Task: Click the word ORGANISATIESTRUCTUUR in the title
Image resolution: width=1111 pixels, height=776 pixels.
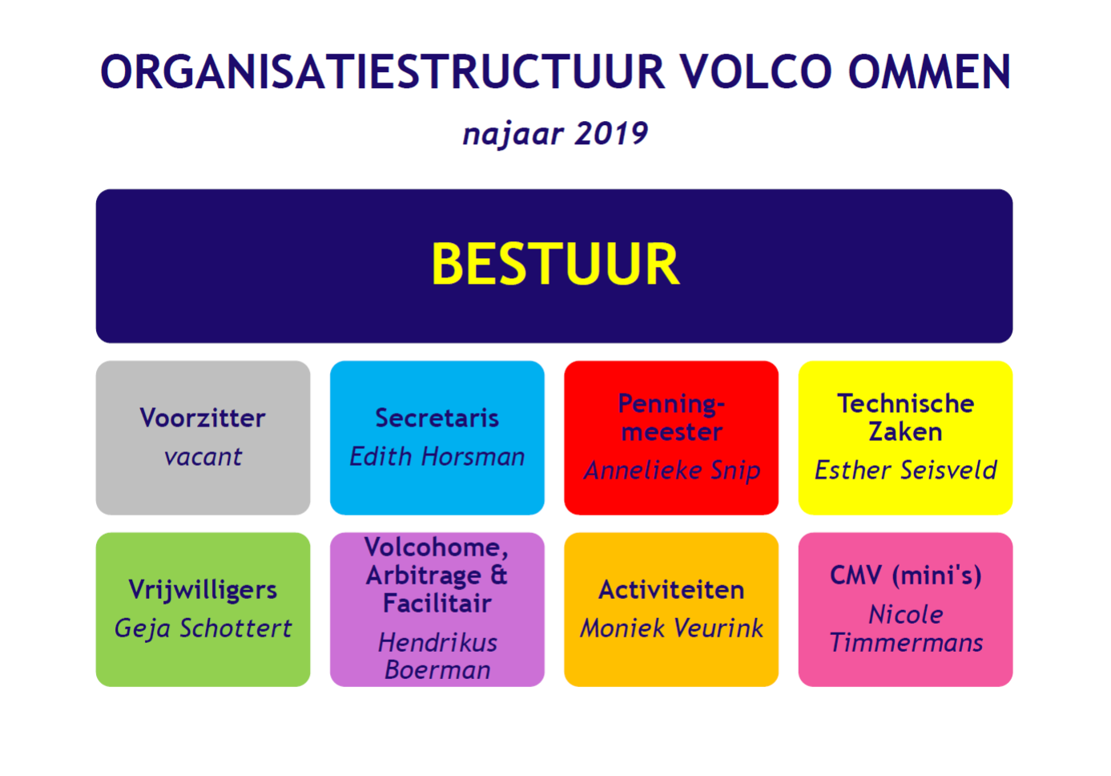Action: click(382, 72)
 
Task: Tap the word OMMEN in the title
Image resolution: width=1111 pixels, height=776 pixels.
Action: click(930, 72)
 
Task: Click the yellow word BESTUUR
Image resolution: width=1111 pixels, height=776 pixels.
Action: click(555, 264)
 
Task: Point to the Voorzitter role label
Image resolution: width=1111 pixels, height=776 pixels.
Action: click(203, 418)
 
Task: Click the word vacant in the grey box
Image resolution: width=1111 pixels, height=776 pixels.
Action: click(203, 457)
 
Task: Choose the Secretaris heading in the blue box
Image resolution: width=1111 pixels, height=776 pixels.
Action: click(437, 418)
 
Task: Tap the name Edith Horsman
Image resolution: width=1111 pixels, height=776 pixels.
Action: click(437, 456)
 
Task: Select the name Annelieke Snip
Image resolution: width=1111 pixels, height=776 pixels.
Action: click(672, 470)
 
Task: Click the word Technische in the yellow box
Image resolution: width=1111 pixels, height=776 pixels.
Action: click(906, 403)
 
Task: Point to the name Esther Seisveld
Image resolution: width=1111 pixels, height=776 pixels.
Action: click(906, 470)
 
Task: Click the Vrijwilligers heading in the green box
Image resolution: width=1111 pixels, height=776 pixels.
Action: click(203, 590)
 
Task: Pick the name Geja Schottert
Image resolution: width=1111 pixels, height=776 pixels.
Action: click(203, 628)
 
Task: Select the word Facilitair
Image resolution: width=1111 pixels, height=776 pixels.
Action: click(437, 603)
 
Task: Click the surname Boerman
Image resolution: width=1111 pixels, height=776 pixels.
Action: click(437, 669)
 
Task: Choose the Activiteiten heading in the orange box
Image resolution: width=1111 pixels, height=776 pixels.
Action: click(671, 590)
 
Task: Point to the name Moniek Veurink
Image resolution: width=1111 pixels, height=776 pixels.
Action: click(671, 628)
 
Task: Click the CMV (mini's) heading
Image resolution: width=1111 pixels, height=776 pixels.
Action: click(906, 576)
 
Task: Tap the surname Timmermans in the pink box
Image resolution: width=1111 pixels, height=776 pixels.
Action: click(906, 642)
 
